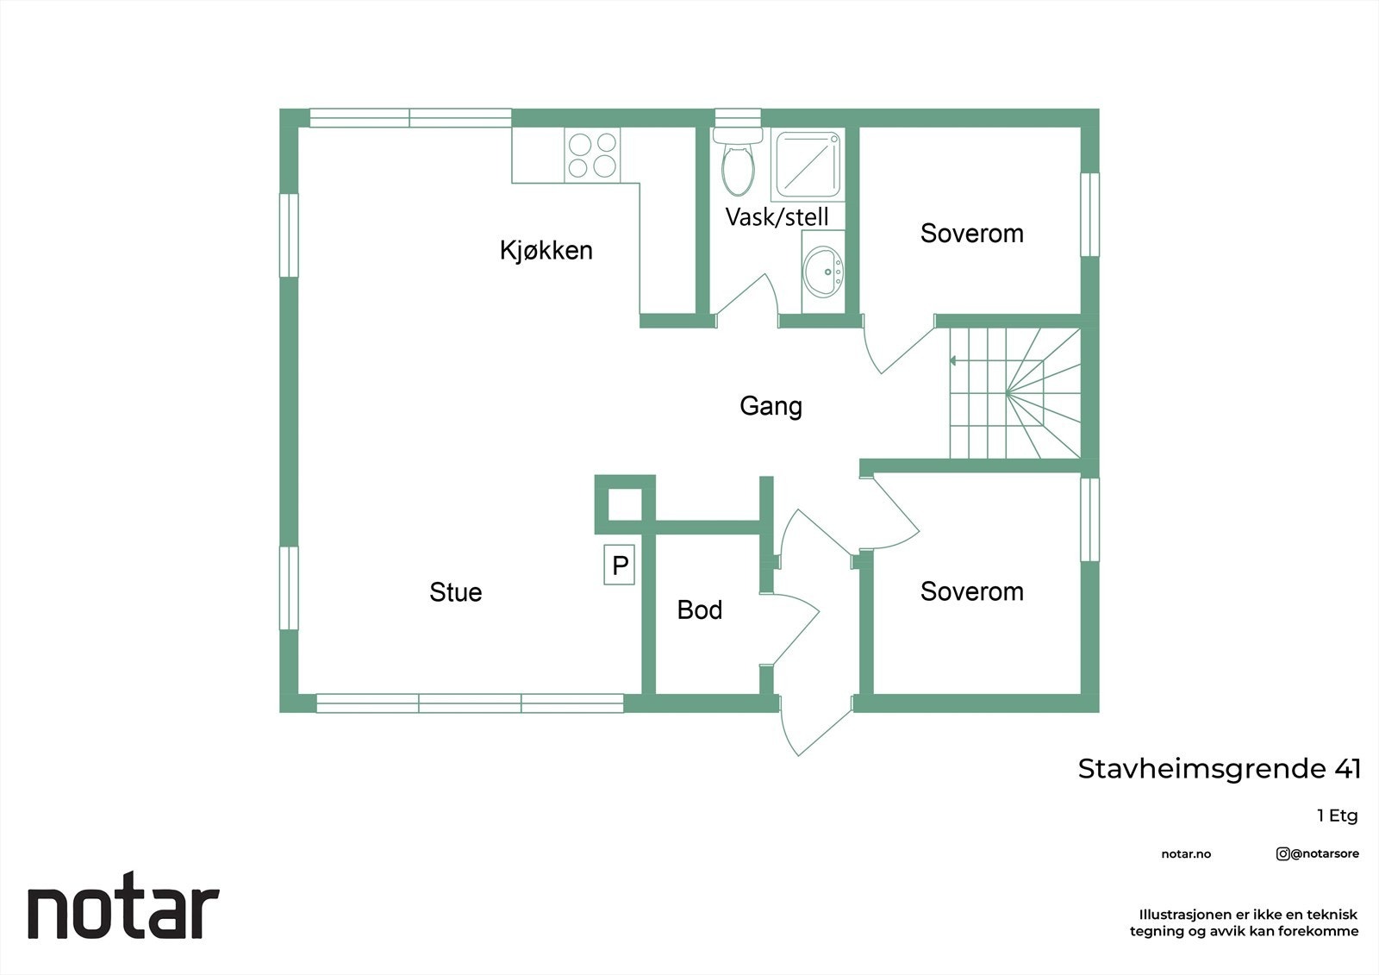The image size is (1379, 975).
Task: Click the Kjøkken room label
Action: pyautogui.click(x=546, y=250)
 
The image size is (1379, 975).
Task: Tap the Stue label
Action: pyautogui.click(x=455, y=592)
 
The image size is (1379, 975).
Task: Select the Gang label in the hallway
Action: pyautogui.click(x=771, y=406)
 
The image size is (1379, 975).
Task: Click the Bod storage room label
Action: pyautogui.click(x=699, y=610)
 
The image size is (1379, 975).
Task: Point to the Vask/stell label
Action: pyautogui.click(x=777, y=216)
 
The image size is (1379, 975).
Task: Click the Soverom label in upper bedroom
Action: pyautogui.click(x=971, y=234)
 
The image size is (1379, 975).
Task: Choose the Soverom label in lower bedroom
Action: pyautogui.click(x=971, y=591)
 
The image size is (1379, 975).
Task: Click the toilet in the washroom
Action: pyautogui.click(x=737, y=164)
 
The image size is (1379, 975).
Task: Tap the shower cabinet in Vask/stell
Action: pyautogui.click(x=807, y=165)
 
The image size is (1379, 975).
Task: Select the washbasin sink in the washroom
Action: pyautogui.click(x=823, y=271)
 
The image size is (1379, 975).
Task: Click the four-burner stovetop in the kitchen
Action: pyautogui.click(x=592, y=155)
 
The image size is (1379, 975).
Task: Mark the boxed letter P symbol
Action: pyautogui.click(x=620, y=566)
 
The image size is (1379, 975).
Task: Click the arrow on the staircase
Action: pyautogui.click(x=953, y=360)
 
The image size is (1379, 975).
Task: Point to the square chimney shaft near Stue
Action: pyautogui.click(x=625, y=505)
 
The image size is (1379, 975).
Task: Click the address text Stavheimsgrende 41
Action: pyautogui.click(x=1219, y=769)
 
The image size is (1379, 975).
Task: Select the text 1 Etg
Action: pyautogui.click(x=1337, y=816)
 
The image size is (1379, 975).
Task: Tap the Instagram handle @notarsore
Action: pyautogui.click(x=1318, y=853)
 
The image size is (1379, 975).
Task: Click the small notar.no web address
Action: pyautogui.click(x=1186, y=854)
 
